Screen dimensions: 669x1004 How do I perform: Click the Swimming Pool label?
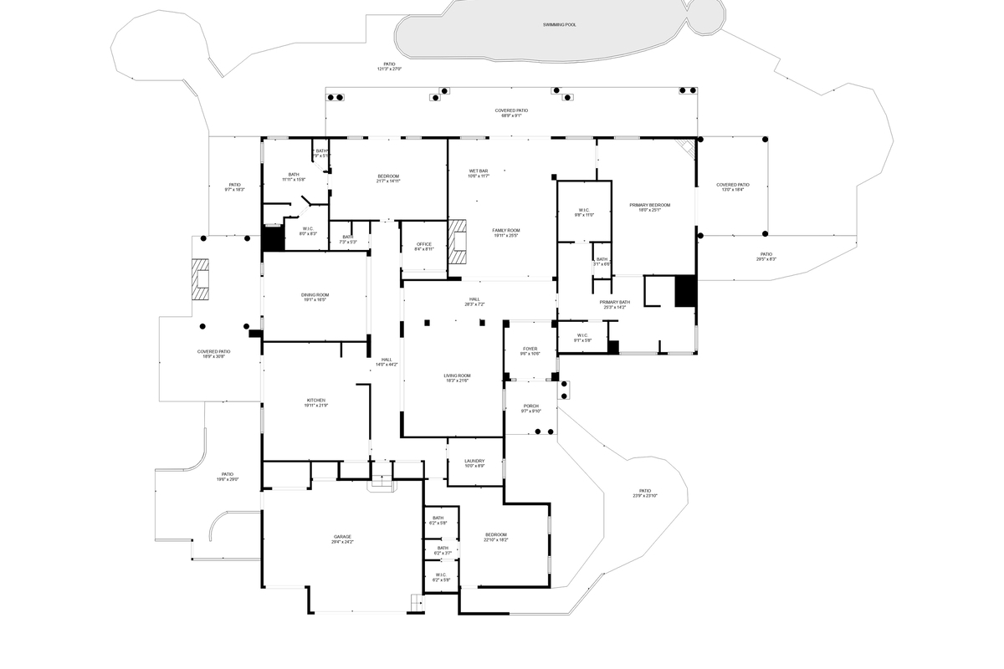pyautogui.click(x=559, y=25)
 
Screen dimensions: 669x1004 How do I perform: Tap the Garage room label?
pyautogui.click(x=342, y=539)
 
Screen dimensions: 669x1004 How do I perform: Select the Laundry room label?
pyautogui.click(x=474, y=463)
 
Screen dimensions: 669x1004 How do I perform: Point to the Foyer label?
pyautogui.click(x=530, y=351)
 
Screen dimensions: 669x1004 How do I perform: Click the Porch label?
pyautogui.click(x=530, y=408)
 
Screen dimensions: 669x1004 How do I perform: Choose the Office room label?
pyautogui.click(x=424, y=247)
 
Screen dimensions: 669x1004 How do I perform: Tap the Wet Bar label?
pyautogui.click(x=479, y=173)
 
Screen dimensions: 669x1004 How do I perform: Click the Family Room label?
pyautogui.click(x=505, y=232)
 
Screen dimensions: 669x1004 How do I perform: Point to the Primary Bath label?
pyautogui.click(x=614, y=304)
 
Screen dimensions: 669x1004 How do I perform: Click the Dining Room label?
pyautogui.click(x=315, y=297)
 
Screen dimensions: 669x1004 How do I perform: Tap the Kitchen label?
pyautogui.click(x=315, y=403)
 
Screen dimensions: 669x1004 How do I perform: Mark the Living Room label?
pyautogui.click(x=457, y=378)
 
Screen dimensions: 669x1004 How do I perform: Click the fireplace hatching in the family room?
pyautogui.click(x=456, y=242)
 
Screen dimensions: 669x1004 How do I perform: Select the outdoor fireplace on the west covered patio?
pyautogui.click(x=200, y=279)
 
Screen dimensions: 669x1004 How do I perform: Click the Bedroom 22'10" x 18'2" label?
pyautogui.click(x=495, y=537)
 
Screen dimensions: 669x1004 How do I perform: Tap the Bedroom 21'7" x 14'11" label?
pyautogui.click(x=388, y=178)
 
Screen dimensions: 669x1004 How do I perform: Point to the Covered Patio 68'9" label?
pyautogui.click(x=511, y=113)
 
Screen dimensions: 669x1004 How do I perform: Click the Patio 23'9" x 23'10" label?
pyautogui.click(x=644, y=493)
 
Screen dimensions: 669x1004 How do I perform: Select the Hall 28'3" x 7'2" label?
pyautogui.click(x=474, y=302)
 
